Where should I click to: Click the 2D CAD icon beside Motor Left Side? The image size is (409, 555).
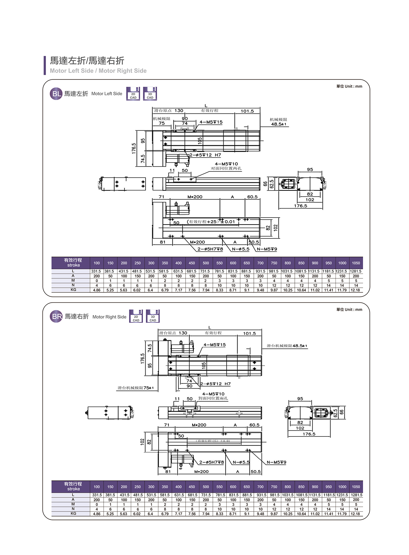pyautogui.click(x=133, y=94)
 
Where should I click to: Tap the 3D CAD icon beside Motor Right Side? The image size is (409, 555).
pyautogui.click(x=153, y=316)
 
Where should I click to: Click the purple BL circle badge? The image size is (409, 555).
pyautogui.click(x=56, y=94)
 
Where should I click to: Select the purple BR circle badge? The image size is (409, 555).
pyautogui.click(x=57, y=317)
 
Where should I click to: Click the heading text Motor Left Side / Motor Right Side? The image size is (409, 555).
pyautogui.click(x=98, y=71)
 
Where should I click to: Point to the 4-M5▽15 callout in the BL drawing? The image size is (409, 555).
pyautogui.click(x=211, y=122)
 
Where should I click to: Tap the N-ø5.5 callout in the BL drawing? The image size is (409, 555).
pyautogui.click(x=241, y=249)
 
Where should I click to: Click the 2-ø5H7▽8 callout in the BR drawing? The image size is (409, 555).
pyautogui.click(x=211, y=462)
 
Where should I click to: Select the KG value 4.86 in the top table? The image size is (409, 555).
pyautogui.click(x=97, y=290)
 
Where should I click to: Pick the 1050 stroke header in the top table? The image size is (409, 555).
pyautogui.click(x=356, y=263)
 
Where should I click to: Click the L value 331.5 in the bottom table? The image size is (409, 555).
pyautogui.click(x=97, y=495)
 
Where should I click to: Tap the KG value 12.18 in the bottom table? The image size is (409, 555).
pyautogui.click(x=356, y=514)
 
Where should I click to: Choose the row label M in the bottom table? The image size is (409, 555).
pyautogui.click(x=73, y=504)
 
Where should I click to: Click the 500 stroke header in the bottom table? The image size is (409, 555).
pyautogui.click(x=206, y=487)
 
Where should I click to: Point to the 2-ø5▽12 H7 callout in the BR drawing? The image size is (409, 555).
pyautogui.click(x=215, y=384)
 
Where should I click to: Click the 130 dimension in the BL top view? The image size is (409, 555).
pyautogui.click(x=179, y=111)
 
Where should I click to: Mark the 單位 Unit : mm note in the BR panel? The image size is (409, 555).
pyautogui.click(x=349, y=310)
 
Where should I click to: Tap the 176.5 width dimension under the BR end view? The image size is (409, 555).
pyautogui.click(x=309, y=434)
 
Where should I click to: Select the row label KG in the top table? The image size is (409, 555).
pyautogui.click(x=73, y=290)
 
